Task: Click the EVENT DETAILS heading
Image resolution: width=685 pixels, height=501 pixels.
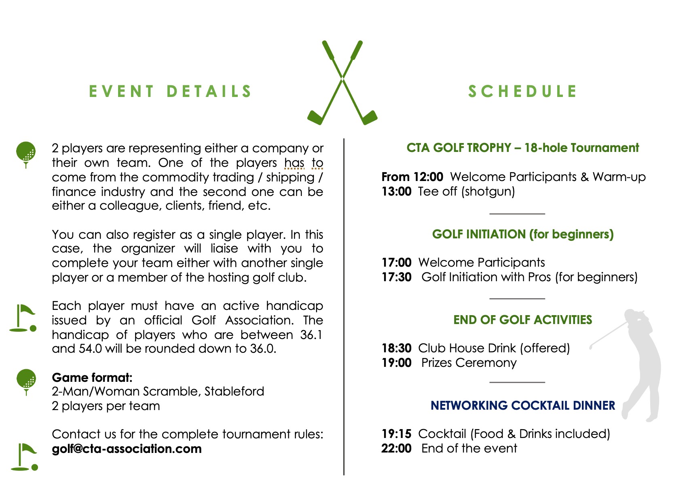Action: [x=170, y=91]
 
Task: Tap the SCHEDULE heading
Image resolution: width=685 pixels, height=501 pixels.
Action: [x=522, y=91]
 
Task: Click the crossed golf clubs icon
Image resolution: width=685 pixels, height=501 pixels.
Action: [x=342, y=83]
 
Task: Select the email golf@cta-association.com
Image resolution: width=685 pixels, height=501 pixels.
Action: [x=127, y=449]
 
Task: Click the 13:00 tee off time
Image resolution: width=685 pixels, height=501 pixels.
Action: [x=396, y=192]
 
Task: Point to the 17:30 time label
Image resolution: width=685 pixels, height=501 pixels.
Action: [x=396, y=277]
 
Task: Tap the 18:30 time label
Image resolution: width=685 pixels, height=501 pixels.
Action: [x=396, y=348]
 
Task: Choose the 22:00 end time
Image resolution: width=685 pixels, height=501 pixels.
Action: [x=396, y=448]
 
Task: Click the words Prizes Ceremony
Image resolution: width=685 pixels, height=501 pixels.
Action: [x=469, y=363]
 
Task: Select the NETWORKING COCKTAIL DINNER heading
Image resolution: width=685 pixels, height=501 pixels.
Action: [x=522, y=406]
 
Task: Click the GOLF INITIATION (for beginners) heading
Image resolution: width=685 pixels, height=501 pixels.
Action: [x=522, y=234]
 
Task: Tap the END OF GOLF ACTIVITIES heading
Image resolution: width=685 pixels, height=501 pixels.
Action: [x=522, y=320]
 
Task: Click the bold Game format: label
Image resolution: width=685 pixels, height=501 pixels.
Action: [x=92, y=378]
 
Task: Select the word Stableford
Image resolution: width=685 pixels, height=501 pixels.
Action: [x=234, y=392]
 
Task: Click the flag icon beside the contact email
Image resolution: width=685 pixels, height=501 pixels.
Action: [x=24, y=457]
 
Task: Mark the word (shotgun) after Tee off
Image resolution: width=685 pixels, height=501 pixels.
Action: [x=488, y=192]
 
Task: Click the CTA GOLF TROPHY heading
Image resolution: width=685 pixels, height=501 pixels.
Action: [x=522, y=148]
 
